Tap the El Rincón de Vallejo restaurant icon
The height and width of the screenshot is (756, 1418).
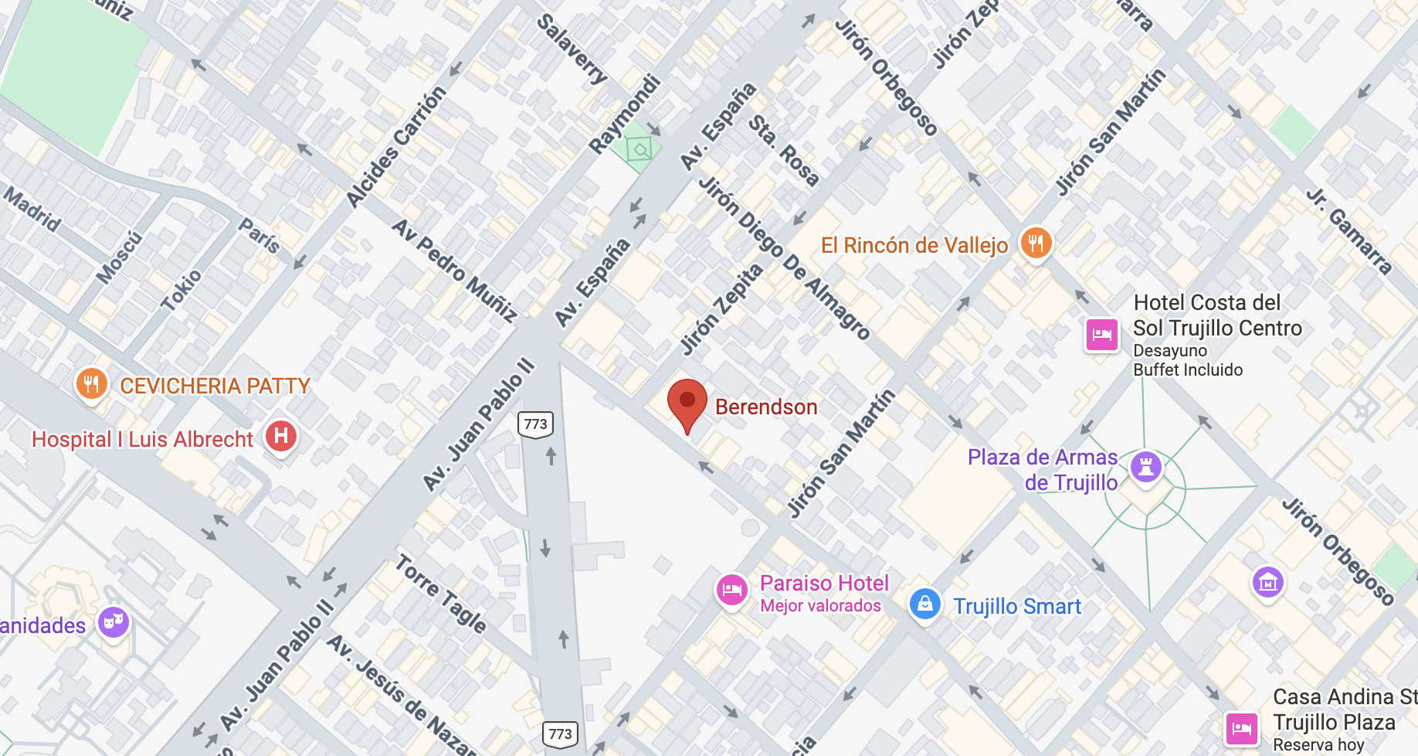point(1036,243)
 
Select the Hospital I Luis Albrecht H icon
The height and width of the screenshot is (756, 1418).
point(281,436)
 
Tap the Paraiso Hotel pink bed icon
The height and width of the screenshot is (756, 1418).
point(731,591)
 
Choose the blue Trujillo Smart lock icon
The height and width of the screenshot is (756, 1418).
point(924,604)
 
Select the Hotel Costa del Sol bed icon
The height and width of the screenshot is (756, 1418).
point(1102,335)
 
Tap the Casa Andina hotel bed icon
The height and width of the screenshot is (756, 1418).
point(1242,728)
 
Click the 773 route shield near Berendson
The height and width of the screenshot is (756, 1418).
point(535,424)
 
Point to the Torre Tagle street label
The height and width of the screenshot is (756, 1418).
point(441,594)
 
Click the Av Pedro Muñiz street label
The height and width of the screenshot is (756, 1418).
point(454,270)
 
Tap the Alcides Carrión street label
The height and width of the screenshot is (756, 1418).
point(396,147)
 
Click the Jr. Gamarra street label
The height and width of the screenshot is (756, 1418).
point(1349,230)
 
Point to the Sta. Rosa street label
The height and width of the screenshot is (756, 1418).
point(783,150)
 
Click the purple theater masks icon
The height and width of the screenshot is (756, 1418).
point(114,621)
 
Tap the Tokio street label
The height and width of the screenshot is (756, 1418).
point(181,290)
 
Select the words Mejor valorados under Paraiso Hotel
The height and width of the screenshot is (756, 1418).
point(820,606)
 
